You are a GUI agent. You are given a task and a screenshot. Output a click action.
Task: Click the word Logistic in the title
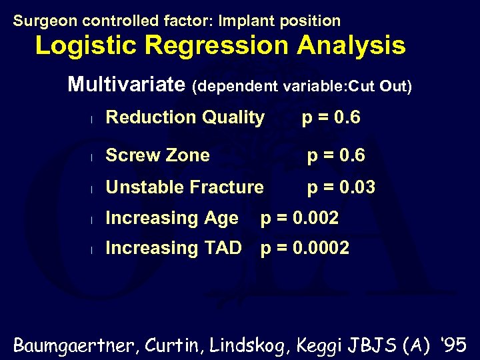point(86,46)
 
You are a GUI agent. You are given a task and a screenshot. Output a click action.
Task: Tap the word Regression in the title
point(217,46)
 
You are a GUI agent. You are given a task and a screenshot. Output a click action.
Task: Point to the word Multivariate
point(127,85)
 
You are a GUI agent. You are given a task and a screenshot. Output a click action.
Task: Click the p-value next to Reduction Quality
point(331,117)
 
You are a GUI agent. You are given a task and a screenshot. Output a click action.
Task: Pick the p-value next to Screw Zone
point(336,155)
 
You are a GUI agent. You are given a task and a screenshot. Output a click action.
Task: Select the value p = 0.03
point(341,187)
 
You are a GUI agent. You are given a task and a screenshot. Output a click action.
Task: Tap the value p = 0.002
point(299,218)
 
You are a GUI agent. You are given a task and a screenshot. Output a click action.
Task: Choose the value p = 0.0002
point(305,248)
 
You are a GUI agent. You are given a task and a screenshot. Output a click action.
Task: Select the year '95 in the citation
point(455,345)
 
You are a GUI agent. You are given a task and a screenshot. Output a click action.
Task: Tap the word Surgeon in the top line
point(40,21)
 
